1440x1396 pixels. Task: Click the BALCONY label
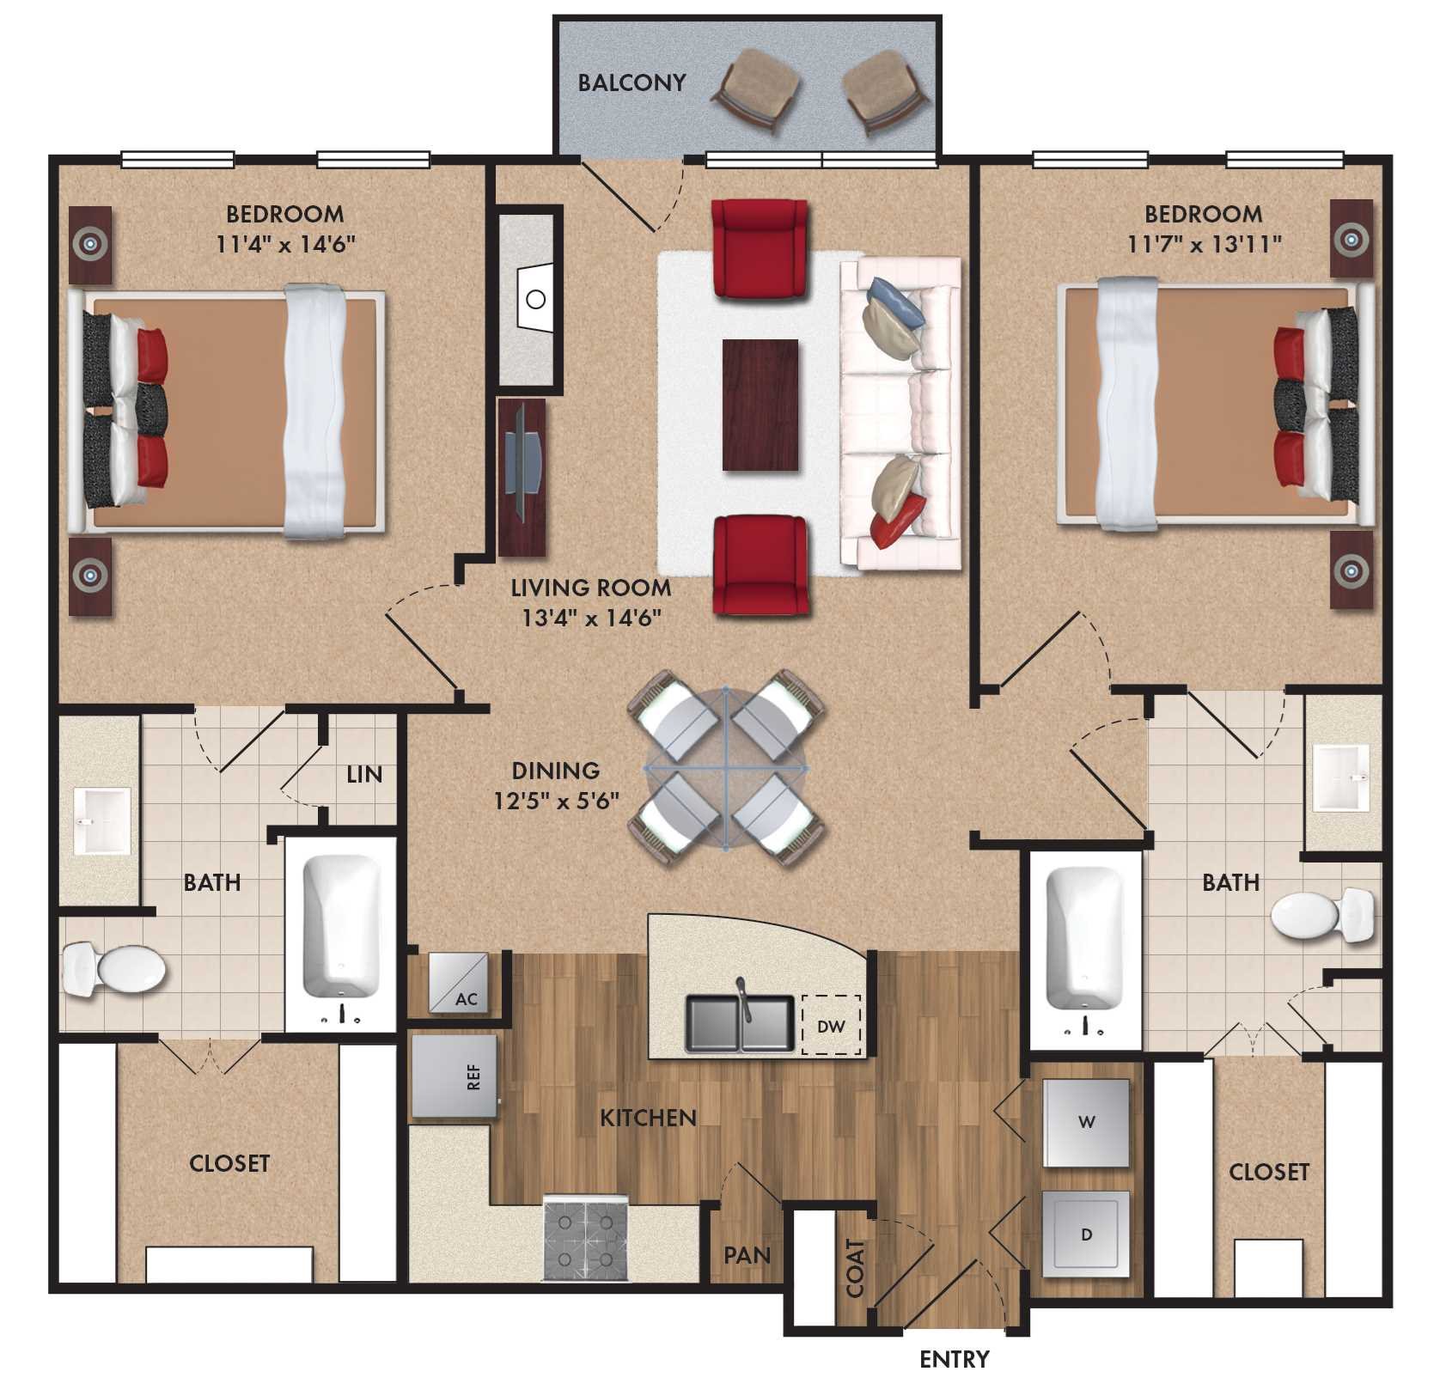(x=632, y=82)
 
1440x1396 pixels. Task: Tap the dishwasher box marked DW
(x=831, y=1026)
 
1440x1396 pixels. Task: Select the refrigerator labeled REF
(x=455, y=1076)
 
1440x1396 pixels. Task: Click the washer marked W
(x=1086, y=1122)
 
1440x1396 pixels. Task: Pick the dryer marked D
(x=1086, y=1234)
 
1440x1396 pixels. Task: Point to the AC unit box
(x=458, y=982)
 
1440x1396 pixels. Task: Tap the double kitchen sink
(x=740, y=1022)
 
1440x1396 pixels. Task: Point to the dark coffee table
(x=760, y=405)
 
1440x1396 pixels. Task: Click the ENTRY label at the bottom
(x=954, y=1359)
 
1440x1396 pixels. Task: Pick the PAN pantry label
(x=747, y=1255)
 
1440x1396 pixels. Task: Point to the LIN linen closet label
(x=363, y=774)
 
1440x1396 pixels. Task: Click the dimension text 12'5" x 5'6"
(x=556, y=801)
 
